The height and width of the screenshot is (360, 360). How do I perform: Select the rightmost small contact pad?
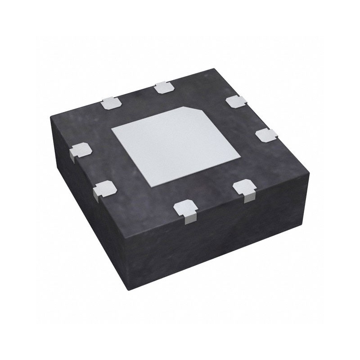point(265,134)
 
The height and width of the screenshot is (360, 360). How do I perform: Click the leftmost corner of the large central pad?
point(112,129)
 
